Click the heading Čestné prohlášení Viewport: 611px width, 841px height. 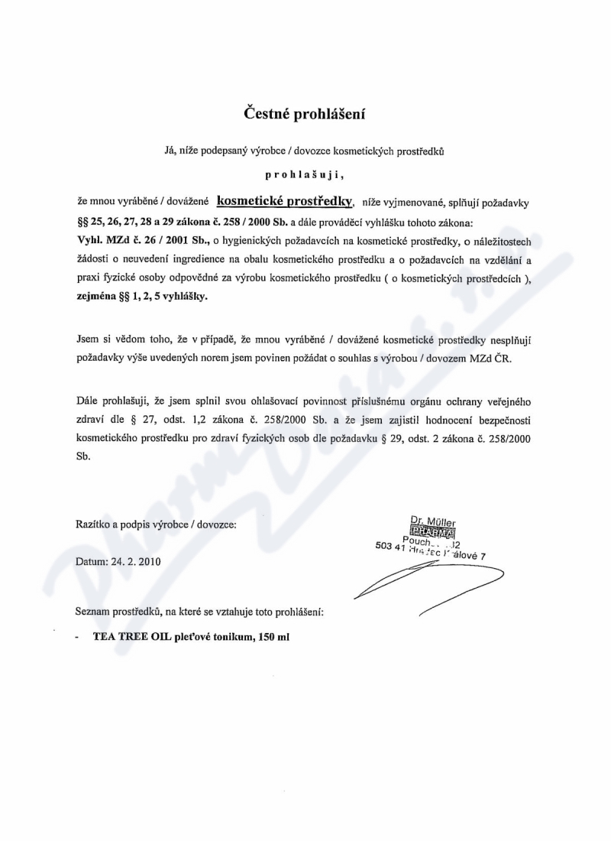point(305,114)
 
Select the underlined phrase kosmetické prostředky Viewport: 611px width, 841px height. point(285,200)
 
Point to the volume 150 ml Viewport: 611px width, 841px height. point(273,636)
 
